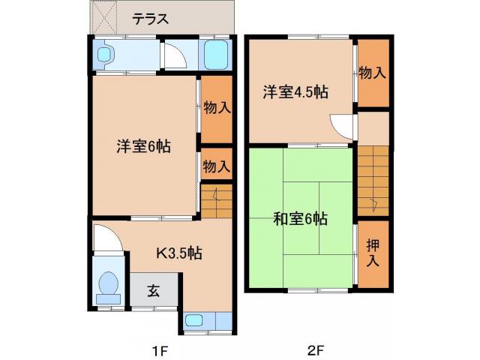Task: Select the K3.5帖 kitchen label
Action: coord(177,252)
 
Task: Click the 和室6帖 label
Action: coord(299,219)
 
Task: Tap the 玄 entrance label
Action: coord(153,291)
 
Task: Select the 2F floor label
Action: coord(315,349)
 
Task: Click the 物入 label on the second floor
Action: coord(373,73)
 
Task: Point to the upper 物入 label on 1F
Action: coord(217,107)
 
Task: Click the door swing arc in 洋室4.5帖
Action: coord(339,126)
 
